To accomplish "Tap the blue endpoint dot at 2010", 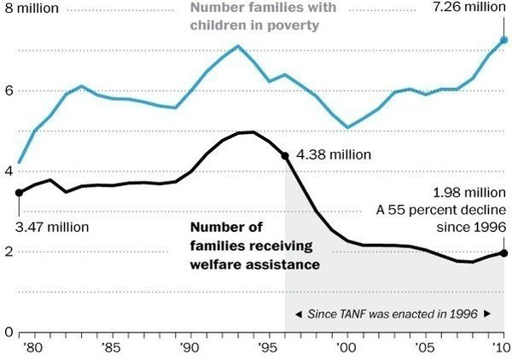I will point(503,40).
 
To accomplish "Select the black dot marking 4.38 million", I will point(285,156).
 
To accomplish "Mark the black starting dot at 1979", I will point(19,193).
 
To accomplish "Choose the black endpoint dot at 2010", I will point(503,253).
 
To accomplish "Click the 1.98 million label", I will point(466,193).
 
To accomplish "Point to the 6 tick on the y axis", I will point(7,90).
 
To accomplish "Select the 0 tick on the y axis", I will point(7,332).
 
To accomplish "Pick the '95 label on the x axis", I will point(268,348).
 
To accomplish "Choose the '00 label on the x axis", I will point(346,348).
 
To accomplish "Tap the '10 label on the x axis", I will point(503,348).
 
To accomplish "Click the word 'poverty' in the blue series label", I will point(293,26).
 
